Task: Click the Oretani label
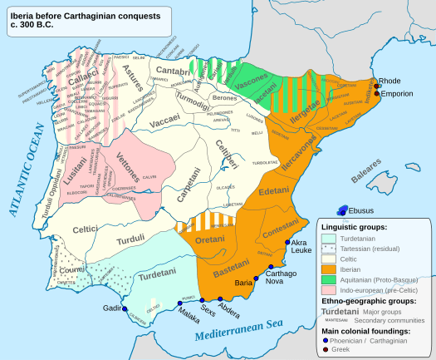[x=209, y=241]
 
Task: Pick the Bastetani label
[x=224, y=271]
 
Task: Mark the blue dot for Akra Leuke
[x=287, y=242]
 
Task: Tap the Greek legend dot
[x=326, y=348]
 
